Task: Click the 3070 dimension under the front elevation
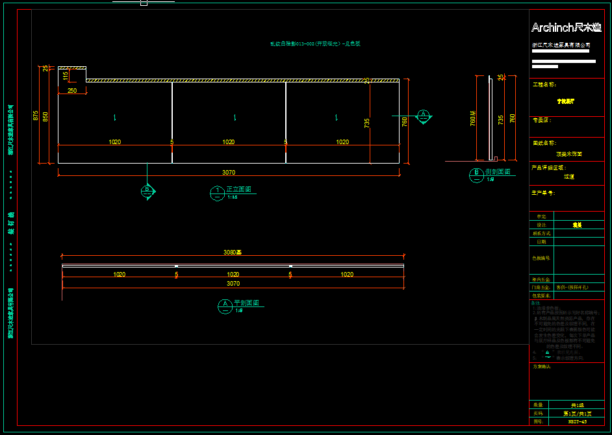(x=229, y=172)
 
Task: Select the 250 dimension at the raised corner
(x=72, y=91)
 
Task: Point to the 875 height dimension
(x=36, y=115)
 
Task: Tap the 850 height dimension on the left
(x=45, y=117)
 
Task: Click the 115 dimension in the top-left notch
(x=66, y=76)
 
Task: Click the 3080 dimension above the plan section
(x=233, y=252)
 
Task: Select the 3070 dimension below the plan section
(x=233, y=284)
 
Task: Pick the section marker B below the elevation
(x=147, y=190)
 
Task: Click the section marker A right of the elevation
(x=424, y=116)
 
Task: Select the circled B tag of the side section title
(x=476, y=174)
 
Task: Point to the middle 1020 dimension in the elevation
(x=229, y=142)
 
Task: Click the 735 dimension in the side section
(x=500, y=119)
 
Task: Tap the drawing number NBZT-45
(x=577, y=421)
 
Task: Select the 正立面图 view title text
(x=238, y=190)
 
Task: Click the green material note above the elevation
(x=315, y=44)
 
